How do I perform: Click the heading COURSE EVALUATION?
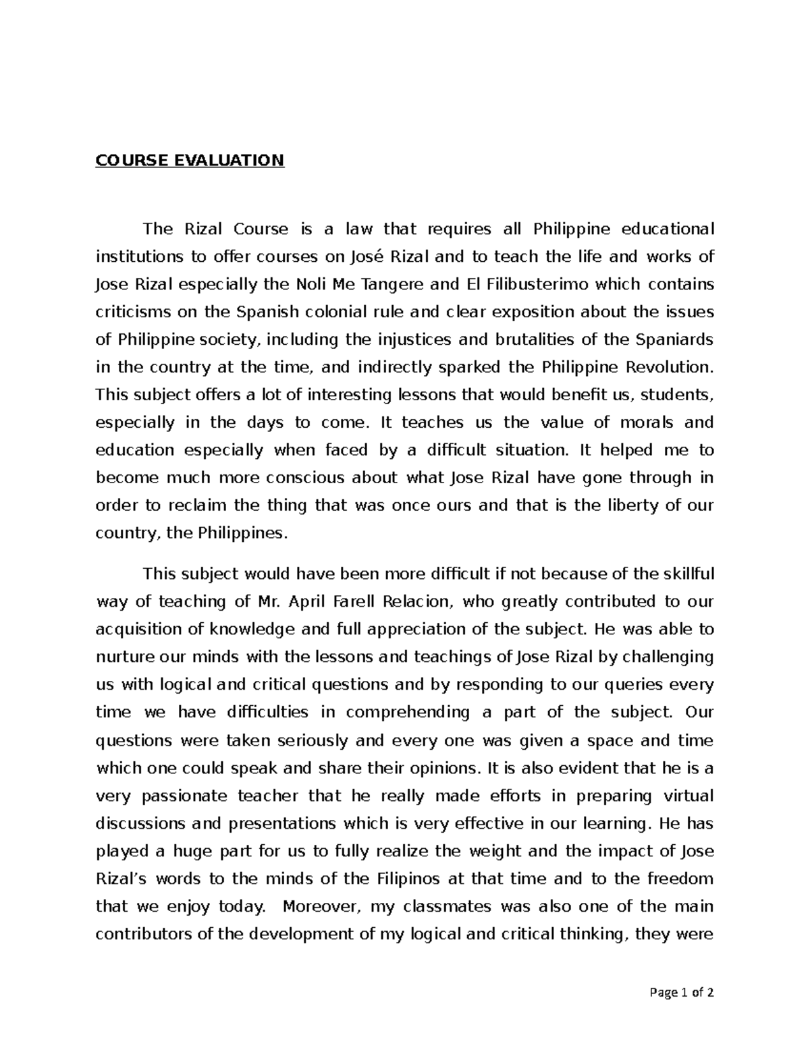point(190,161)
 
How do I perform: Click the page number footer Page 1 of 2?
point(680,993)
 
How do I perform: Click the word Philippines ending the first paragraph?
point(242,533)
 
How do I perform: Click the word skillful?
point(683,574)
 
